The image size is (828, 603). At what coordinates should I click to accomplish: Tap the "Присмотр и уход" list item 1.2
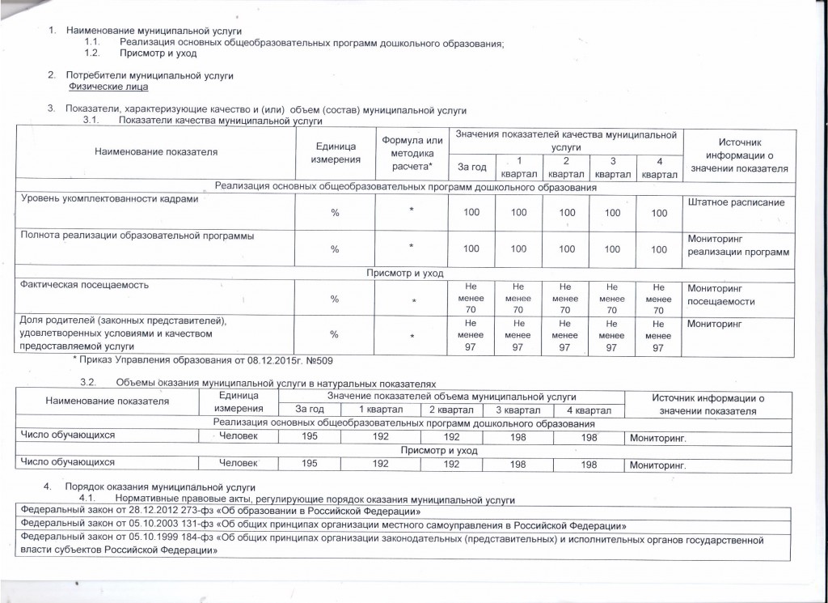158,53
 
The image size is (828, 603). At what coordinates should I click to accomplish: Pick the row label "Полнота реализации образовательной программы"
137,236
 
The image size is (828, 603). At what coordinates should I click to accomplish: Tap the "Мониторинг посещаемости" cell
720,295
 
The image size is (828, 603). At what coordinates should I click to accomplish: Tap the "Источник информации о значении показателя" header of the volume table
708,404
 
